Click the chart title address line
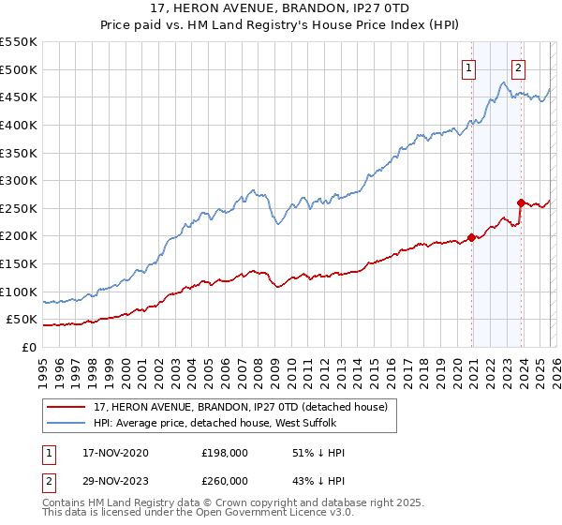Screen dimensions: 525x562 pyautogui.click(x=280, y=8)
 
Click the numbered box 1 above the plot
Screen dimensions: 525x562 pyautogui.click(x=467, y=67)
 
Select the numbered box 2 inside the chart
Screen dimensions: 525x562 pyautogui.click(x=518, y=67)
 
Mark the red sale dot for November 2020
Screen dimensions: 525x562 pyautogui.click(x=471, y=237)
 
